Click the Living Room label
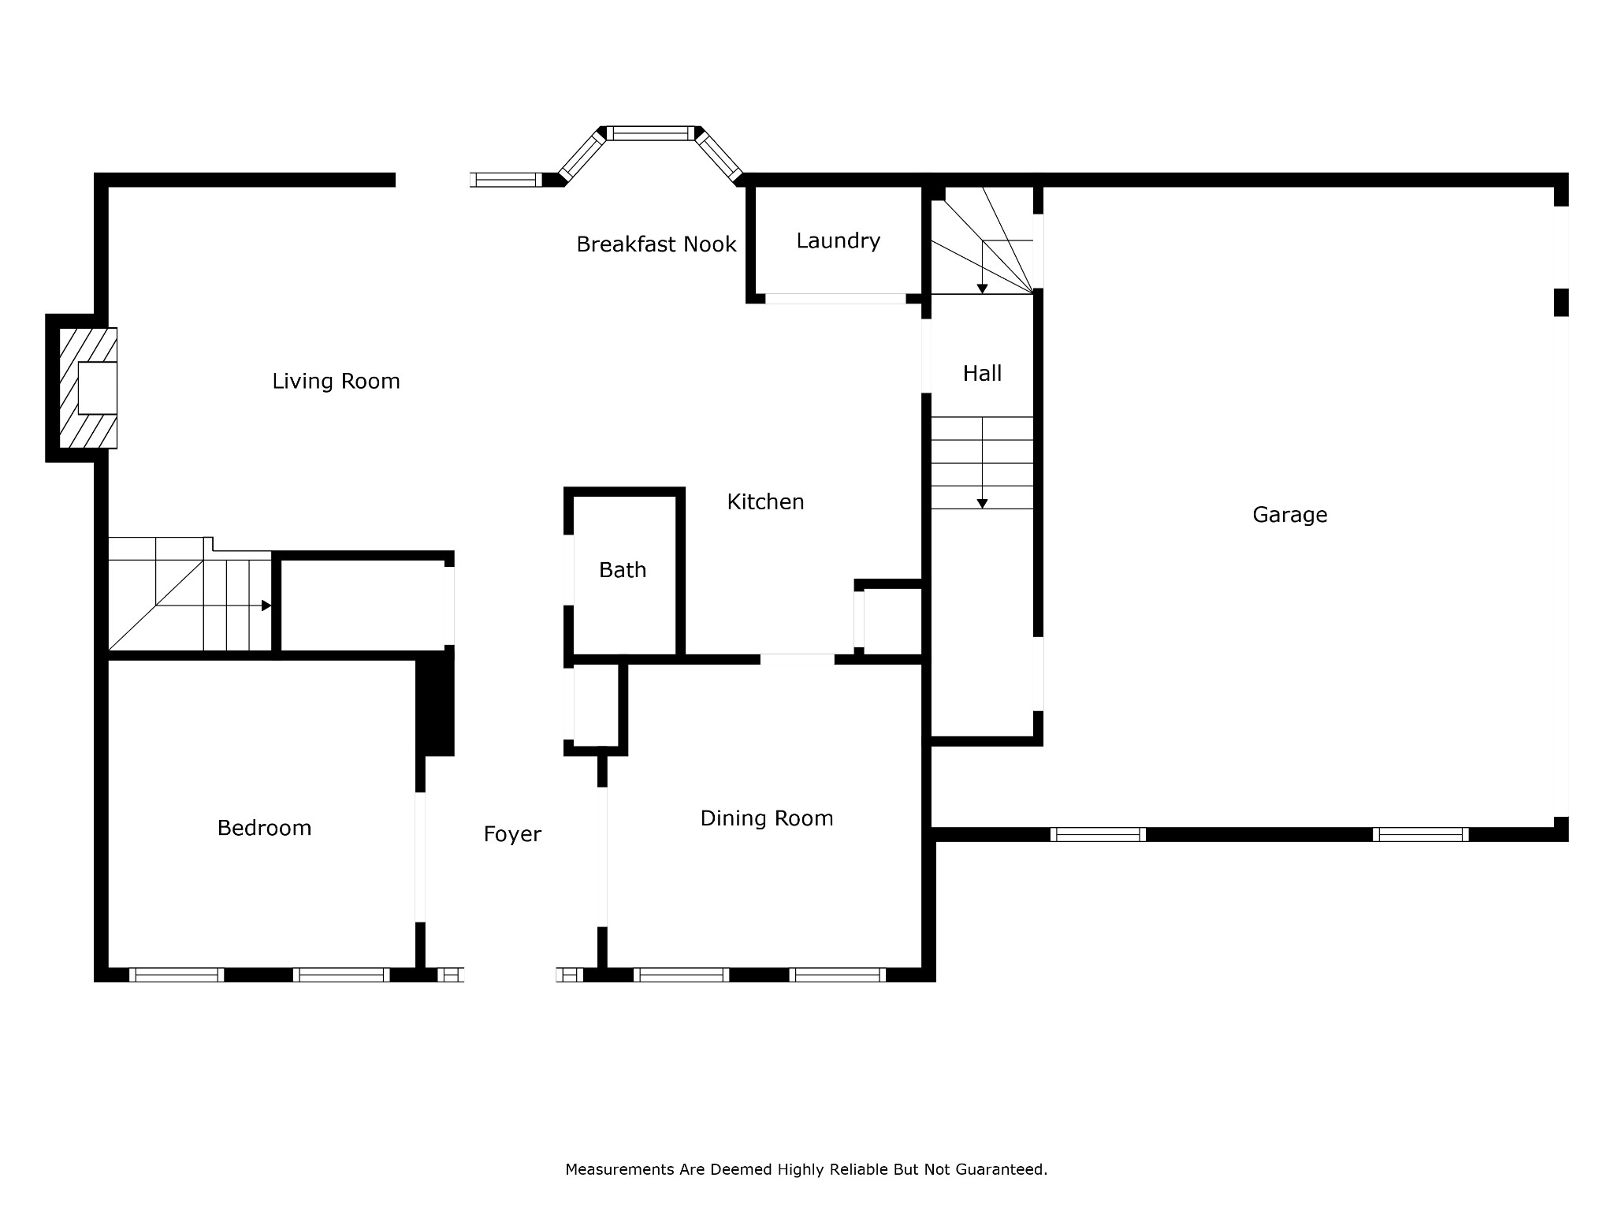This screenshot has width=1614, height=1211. (x=336, y=382)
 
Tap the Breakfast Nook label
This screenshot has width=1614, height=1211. (x=656, y=244)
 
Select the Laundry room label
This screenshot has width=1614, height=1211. (x=838, y=241)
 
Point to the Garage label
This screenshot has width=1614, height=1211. (x=1289, y=516)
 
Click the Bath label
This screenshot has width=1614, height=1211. (x=623, y=570)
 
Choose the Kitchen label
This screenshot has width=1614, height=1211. (x=765, y=502)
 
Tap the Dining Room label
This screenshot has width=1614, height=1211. (x=767, y=819)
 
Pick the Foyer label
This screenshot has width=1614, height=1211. (x=512, y=835)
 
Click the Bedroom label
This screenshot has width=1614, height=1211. (x=264, y=828)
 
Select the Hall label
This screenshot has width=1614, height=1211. (x=982, y=374)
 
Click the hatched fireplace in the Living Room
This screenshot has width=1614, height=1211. (x=88, y=388)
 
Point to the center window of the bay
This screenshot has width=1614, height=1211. (x=652, y=133)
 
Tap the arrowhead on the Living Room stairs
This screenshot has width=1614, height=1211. (x=266, y=605)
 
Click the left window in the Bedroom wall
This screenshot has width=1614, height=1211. (x=177, y=974)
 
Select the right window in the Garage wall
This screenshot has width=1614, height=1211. (x=1420, y=834)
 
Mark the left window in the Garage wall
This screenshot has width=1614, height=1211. (x=1098, y=834)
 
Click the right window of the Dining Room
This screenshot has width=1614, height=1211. (x=838, y=974)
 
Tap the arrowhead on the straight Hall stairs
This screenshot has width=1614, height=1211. (x=982, y=503)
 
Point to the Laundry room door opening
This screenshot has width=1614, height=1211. (x=835, y=299)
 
